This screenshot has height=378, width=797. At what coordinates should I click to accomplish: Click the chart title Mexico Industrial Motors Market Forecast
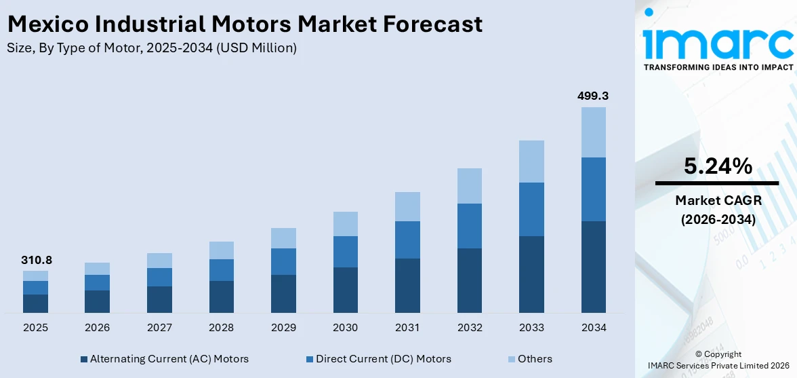tap(245, 24)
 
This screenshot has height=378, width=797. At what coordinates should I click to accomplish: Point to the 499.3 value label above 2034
tap(593, 96)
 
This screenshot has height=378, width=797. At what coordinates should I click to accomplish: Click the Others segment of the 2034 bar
tap(593, 132)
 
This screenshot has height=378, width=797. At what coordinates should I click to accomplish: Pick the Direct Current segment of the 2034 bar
tap(593, 189)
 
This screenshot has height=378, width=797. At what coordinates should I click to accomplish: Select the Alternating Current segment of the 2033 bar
tap(531, 274)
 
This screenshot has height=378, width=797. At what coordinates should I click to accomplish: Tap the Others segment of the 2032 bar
tap(469, 186)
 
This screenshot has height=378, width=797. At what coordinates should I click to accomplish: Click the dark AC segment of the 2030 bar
tap(345, 290)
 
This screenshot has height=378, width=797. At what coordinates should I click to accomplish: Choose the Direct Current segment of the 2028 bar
tap(221, 270)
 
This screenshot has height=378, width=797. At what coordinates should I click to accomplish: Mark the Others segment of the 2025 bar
tap(35, 276)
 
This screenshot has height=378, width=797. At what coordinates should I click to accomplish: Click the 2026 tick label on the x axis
tap(98, 328)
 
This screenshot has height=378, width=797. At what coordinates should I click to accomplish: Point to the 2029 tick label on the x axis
tap(283, 328)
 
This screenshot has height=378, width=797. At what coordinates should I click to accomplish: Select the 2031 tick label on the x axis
tap(407, 328)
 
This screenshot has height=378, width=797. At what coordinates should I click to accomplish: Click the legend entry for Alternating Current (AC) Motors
tap(164, 359)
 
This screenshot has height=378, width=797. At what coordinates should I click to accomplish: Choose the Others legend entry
tap(529, 359)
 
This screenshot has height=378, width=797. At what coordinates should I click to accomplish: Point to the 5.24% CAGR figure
tap(718, 166)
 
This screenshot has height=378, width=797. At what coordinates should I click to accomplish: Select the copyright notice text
tap(718, 360)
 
